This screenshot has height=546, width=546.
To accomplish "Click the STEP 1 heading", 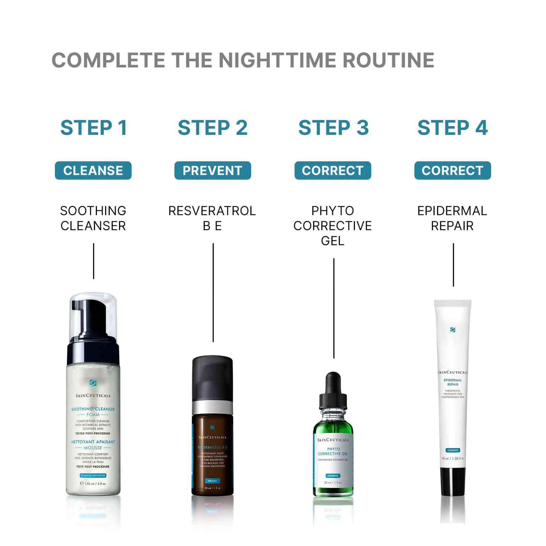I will (x=94, y=128).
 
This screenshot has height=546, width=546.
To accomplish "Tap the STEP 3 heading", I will (x=333, y=128).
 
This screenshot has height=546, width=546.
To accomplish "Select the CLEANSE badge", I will (x=93, y=170).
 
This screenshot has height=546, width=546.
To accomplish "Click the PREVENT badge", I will (x=213, y=170).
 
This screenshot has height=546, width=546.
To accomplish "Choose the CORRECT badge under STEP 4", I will (x=452, y=170).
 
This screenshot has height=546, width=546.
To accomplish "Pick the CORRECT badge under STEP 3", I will (x=333, y=170).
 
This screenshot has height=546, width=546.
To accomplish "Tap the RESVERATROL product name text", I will (x=212, y=211).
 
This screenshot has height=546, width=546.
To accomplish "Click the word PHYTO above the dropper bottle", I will (x=333, y=211).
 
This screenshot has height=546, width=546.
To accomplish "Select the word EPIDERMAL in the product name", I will (x=452, y=211).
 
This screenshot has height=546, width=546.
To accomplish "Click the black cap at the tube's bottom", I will (x=453, y=481).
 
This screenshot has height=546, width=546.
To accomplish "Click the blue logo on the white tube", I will (x=453, y=330).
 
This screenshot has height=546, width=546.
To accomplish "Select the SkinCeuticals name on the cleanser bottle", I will (x=93, y=396).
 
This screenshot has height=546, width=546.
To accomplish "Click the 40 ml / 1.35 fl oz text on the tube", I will (x=453, y=458).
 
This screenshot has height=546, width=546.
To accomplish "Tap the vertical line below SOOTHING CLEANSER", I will (x=94, y=261).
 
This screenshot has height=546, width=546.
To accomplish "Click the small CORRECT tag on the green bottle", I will (x=333, y=475).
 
